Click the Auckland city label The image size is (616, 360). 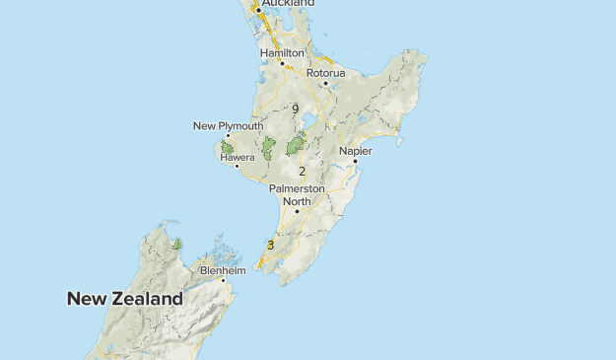pos(288,3)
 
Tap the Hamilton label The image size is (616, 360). pos(282,52)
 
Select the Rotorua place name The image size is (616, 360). pos(325,73)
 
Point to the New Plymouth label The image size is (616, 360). pos(228,126)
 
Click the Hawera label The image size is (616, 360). pos(238,156)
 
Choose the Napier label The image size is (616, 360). pos(355,151)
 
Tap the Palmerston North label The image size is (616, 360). pos(297,194)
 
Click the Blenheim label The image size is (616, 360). pos(222,269)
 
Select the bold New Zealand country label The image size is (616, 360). pos(125,298)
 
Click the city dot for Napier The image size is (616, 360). pos(355,161)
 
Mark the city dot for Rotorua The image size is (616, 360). pos(325,83)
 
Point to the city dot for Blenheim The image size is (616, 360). pos(224,280)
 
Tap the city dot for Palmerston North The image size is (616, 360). pos(297,211)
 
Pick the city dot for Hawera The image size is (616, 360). pos(237,166)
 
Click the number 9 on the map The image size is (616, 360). pos(296,108)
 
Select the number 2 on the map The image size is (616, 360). pos(302,172)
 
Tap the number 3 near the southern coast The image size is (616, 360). pos(270,245)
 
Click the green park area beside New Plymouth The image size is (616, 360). pos(227,148)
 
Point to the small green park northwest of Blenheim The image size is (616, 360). pos(176,243)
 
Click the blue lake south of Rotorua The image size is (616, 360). pos(308,123)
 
